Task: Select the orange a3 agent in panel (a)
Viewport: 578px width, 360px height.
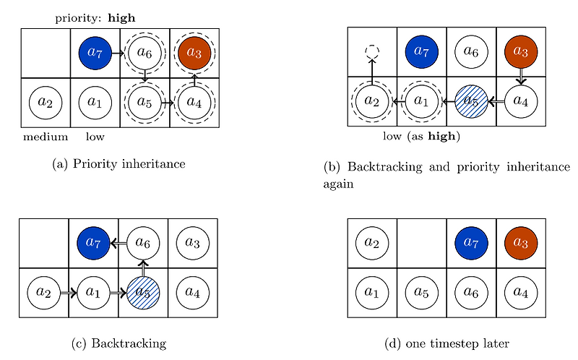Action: [194, 53]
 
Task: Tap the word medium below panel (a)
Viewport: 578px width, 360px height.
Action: [45, 137]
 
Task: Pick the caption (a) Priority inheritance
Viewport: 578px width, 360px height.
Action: [119, 164]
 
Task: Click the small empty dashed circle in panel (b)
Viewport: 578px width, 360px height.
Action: [372, 52]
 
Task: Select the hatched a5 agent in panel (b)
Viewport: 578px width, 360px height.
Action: [471, 101]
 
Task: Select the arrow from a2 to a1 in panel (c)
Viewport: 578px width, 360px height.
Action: [69, 293]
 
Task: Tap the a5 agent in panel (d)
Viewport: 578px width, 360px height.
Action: [422, 293]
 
